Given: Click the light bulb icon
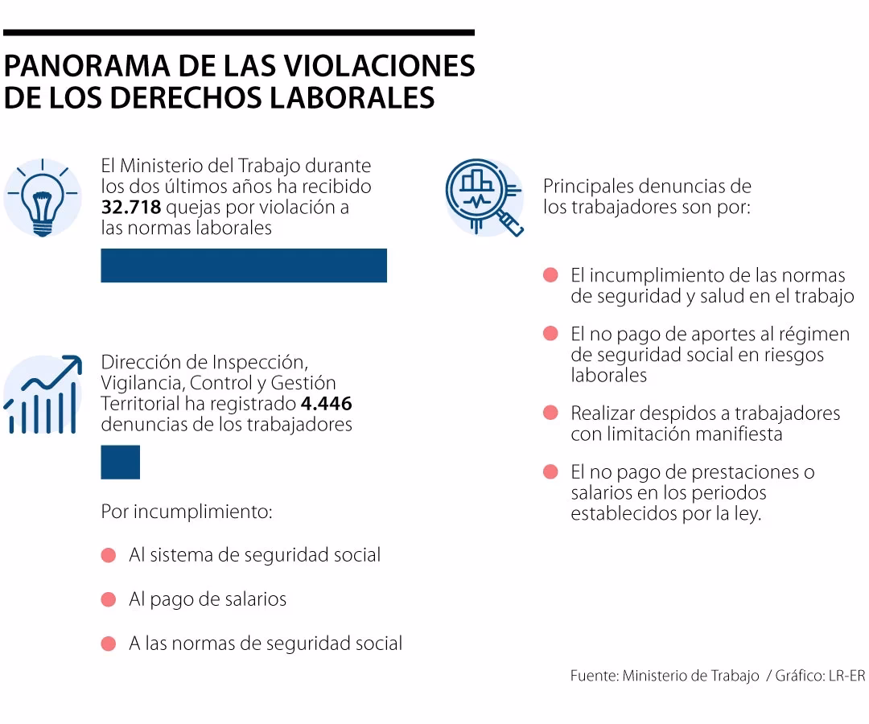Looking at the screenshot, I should point(42,199).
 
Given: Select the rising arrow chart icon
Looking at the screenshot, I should point(42,394).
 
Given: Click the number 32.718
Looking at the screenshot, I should point(132,208).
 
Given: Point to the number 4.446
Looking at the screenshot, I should point(326,404).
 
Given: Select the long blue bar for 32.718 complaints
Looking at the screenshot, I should point(243,265).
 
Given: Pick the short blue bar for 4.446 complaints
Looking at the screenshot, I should point(120,462).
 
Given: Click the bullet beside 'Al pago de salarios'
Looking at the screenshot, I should point(109,599).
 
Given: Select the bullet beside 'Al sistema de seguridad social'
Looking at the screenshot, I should point(109,555).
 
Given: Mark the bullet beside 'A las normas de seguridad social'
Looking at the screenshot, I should point(109,644).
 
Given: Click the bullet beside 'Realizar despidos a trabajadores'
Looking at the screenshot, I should point(550,413).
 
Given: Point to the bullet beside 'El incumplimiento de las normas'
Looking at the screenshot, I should point(550,275).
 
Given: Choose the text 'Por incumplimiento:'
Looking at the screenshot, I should point(187,512).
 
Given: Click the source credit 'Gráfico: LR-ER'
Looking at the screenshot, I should point(821,676).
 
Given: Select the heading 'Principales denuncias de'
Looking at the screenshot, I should point(647,187).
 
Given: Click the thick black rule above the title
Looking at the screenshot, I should point(238,33).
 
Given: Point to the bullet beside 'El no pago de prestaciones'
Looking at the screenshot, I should point(550,472).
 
